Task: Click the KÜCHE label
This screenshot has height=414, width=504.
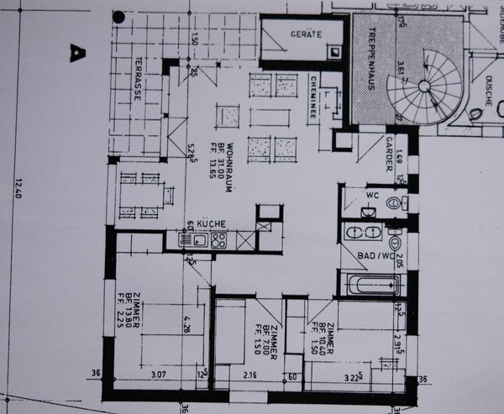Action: tap(211, 223)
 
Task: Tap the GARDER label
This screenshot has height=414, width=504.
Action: tap(390, 153)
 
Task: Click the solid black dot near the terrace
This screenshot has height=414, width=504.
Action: tap(118, 16)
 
